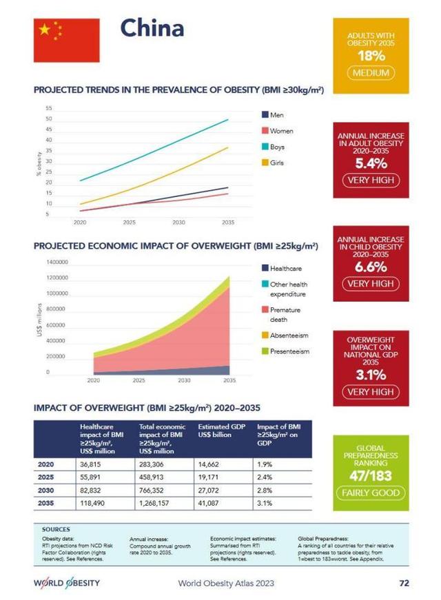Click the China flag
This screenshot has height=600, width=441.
(x=66, y=40)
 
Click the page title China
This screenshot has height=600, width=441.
(x=152, y=29)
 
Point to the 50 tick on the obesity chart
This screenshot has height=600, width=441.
(x=49, y=119)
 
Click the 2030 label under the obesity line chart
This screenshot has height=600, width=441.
(x=179, y=223)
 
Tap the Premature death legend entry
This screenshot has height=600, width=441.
(x=285, y=315)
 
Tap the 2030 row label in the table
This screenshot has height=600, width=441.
(x=45, y=490)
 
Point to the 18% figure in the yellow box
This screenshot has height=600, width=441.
(x=371, y=56)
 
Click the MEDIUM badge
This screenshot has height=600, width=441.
(x=371, y=73)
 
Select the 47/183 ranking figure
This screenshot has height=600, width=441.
(x=371, y=477)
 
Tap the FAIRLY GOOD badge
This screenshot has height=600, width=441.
(x=371, y=493)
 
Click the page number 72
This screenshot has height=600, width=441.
(x=404, y=583)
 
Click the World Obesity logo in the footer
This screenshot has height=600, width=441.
(x=67, y=583)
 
